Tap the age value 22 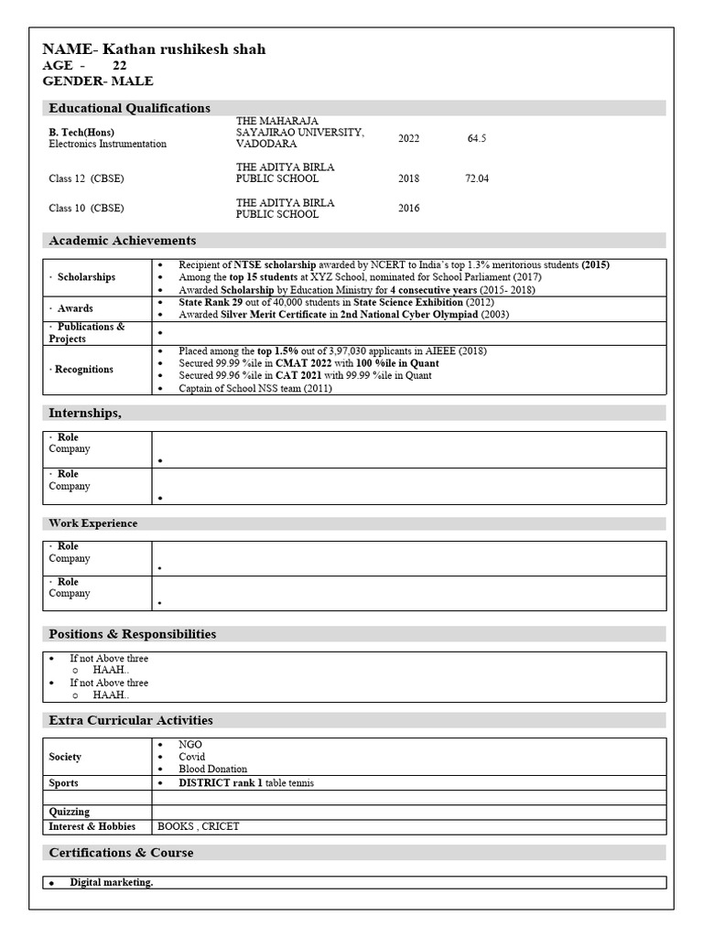120,66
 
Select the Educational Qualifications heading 129,108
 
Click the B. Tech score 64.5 476,139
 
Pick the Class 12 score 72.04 476,179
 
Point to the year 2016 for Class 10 408,209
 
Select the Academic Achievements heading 122,241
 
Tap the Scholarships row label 85,276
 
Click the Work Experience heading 92,523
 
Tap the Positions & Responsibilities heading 132,634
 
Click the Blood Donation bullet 212,770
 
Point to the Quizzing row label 70,812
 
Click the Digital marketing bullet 112,882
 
